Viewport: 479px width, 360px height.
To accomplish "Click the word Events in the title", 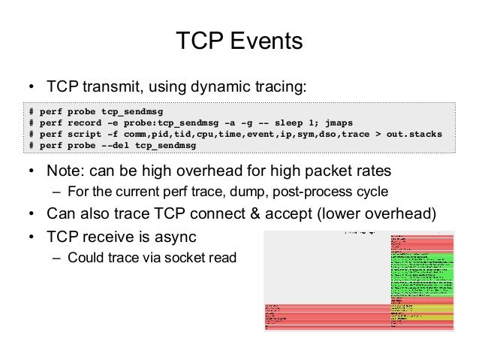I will click(x=267, y=41).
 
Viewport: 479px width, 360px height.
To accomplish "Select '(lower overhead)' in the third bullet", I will click(x=387, y=213).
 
